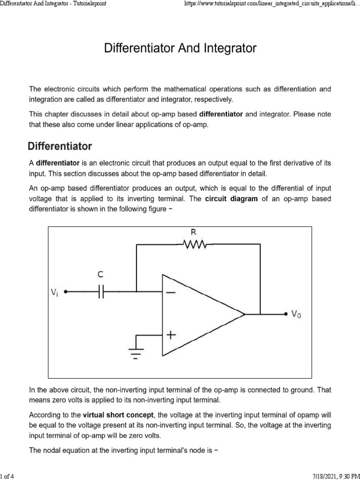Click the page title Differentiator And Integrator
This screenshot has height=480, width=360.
[180, 48]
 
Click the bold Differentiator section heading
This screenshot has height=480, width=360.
[60, 146]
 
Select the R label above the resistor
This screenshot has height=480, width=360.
[193, 232]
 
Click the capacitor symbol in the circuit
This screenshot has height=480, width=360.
[101, 292]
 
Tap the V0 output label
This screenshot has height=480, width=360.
[296, 315]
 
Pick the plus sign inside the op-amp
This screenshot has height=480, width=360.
[171, 335]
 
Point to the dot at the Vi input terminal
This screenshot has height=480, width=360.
[66, 292]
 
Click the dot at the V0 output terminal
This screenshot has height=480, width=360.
[286, 314]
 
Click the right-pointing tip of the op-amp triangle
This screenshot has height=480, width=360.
[245, 314]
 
